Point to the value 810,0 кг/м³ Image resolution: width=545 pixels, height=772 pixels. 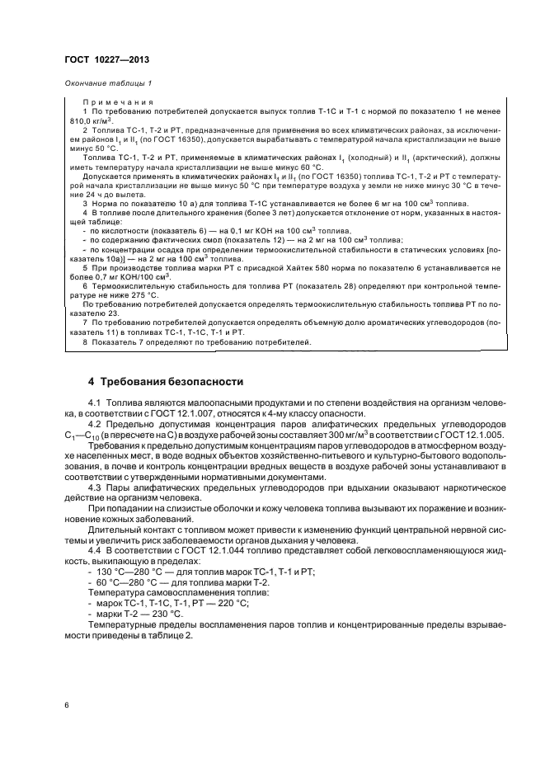click(x=98, y=120)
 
